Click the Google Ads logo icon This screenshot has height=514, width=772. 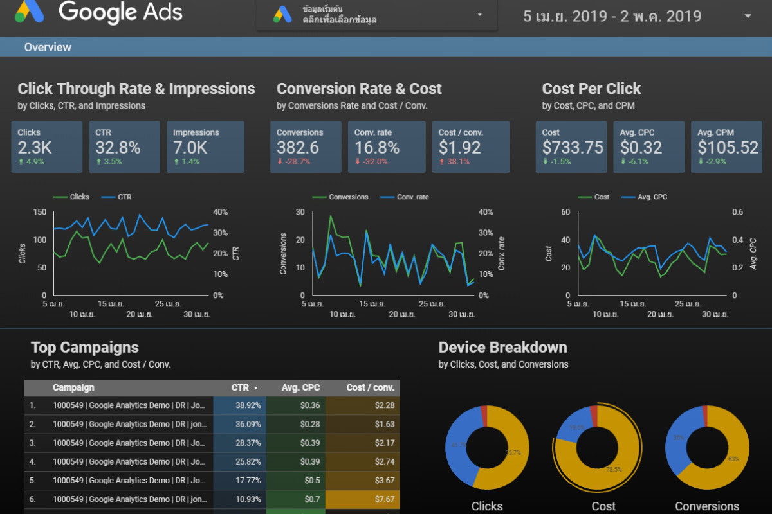(x=30, y=12)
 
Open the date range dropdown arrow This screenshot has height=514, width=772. (x=747, y=16)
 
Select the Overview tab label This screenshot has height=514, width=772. (x=48, y=47)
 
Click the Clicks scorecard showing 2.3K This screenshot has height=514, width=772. (x=46, y=147)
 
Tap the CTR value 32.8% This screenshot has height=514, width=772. (x=118, y=148)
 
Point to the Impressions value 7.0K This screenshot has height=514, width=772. (x=190, y=148)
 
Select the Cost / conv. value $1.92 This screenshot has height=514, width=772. (x=459, y=148)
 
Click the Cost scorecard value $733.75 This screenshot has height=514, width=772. (x=573, y=148)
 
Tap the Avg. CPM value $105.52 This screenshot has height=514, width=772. (x=728, y=148)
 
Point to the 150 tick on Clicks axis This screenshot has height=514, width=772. (x=39, y=212)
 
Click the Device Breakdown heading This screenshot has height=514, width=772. (x=502, y=348)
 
